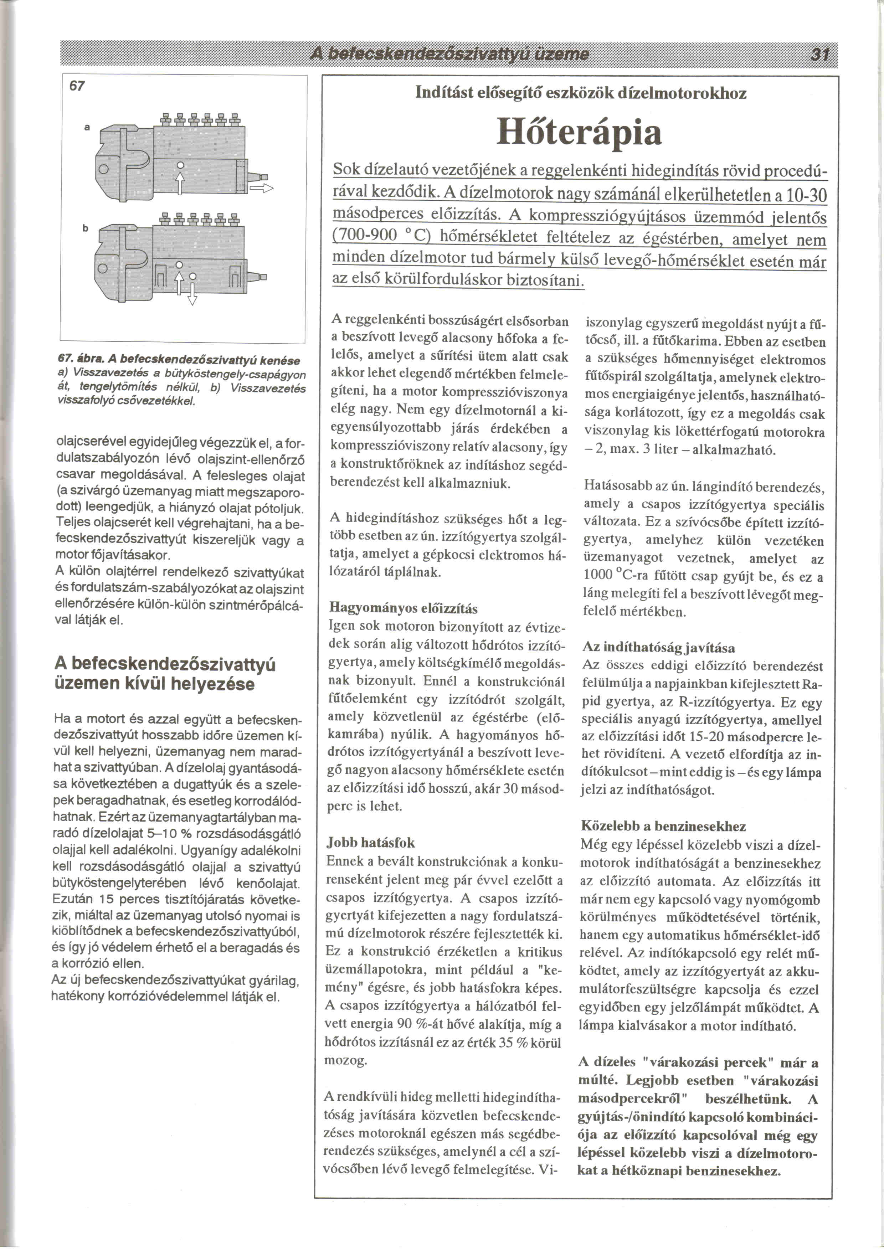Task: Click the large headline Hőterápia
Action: point(579,133)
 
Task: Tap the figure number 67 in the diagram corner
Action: point(77,86)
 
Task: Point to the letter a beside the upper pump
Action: point(87,127)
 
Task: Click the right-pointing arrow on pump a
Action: point(261,188)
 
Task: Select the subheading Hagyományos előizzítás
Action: point(404,608)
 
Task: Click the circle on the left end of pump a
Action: point(102,170)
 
